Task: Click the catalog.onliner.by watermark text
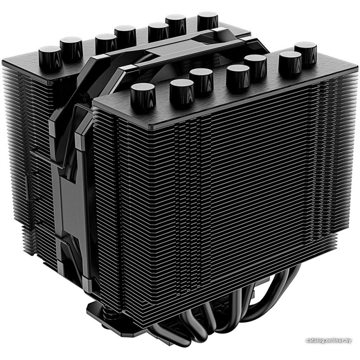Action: click(328, 340)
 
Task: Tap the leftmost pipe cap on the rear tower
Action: click(50, 58)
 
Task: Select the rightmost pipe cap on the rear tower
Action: click(207, 22)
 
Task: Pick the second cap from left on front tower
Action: click(182, 92)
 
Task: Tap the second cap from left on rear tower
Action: click(71, 49)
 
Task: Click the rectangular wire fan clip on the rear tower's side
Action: click(31, 186)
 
